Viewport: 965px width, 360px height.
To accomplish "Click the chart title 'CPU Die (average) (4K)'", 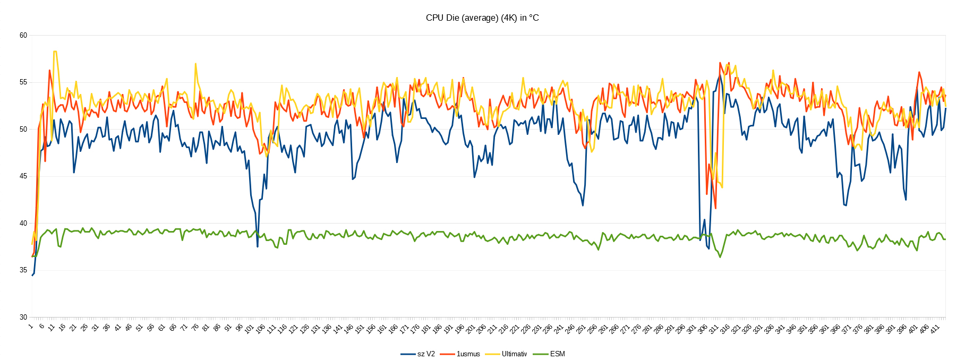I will (x=482, y=18).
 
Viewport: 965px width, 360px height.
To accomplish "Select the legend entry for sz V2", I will (x=425, y=354).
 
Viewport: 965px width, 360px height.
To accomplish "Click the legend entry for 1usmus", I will (x=468, y=354).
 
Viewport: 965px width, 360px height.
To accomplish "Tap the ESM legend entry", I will (x=557, y=354).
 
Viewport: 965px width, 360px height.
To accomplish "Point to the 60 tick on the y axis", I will (x=23, y=36).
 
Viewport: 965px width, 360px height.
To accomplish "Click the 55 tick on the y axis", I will (x=23, y=82).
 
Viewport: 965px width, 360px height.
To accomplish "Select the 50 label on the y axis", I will (x=23, y=130).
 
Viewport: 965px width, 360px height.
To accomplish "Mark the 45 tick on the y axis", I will (x=23, y=176).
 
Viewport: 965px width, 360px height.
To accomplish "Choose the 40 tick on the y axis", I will (x=23, y=224).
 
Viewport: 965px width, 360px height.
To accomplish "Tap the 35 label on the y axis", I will (x=23, y=270).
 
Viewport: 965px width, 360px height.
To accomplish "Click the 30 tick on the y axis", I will (x=23, y=318).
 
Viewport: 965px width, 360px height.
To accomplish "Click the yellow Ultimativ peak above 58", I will (x=55, y=52).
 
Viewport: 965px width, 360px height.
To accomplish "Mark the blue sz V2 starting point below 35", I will (x=32, y=275).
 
